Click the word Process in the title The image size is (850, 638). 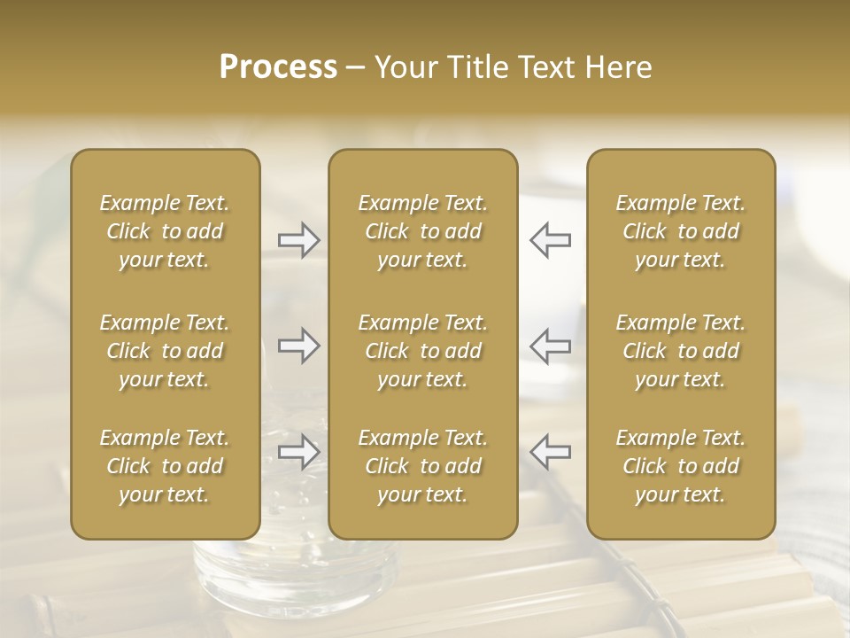(x=278, y=67)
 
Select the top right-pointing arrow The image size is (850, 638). (x=299, y=240)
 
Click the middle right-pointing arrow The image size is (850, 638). (x=299, y=346)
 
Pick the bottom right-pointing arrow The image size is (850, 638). (x=299, y=452)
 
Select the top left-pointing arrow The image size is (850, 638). (x=550, y=240)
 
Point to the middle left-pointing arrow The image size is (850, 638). (x=550, y=346)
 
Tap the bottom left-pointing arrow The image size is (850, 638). (x=550, y=452)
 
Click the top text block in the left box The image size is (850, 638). (x=165, y=231)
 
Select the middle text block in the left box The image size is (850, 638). (x=165, y=351)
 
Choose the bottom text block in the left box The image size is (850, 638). (x=165, y=466)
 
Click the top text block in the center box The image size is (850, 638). (x=422, y=231)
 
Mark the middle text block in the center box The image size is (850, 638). (x=422, y=351)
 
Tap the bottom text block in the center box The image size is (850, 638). (x=422, y=466)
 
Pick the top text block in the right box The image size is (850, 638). (x=681, y=231)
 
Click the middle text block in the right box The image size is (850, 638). (x=681, y=351)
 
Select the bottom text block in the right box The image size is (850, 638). (x=681, y=466)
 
